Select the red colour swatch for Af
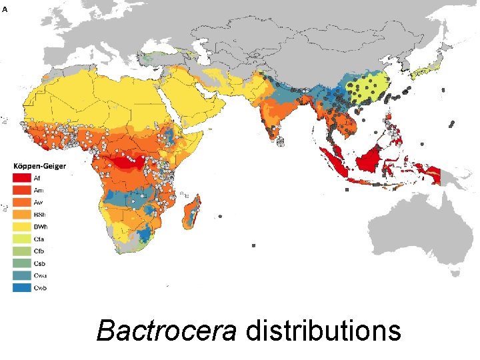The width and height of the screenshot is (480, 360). click(x=21, y=178)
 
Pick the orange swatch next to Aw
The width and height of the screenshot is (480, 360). click(x=21, y=201)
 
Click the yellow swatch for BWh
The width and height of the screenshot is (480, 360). click(x=21, y=226)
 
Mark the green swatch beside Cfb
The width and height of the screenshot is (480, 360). click(x=21, y=251)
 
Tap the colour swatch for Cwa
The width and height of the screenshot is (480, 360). click(x=21, y=275)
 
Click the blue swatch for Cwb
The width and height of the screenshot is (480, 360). click(x=21, y=287)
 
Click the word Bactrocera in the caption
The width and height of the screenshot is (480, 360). click(x=166, y=331)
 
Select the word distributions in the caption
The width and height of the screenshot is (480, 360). click(x=323, y=331)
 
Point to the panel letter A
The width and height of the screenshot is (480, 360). click(x=5, y=9)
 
